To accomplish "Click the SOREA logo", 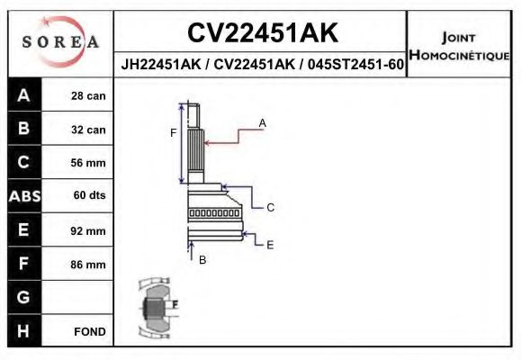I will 59,41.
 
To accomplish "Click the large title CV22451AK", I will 262,33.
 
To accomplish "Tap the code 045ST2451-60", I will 355,65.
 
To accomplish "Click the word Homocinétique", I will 459,56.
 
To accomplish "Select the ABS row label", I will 23,196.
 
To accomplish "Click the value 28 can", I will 88,96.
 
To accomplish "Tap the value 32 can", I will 88,130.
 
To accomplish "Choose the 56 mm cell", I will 88,163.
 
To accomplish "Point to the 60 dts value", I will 88,196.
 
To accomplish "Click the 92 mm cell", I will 88,230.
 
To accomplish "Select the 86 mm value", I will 88,265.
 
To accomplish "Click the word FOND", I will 89,331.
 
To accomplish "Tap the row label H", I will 23,331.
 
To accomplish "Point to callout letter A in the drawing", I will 263,121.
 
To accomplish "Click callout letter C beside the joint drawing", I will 269,207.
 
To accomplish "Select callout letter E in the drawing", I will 269,244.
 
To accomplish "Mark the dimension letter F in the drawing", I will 174,133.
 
